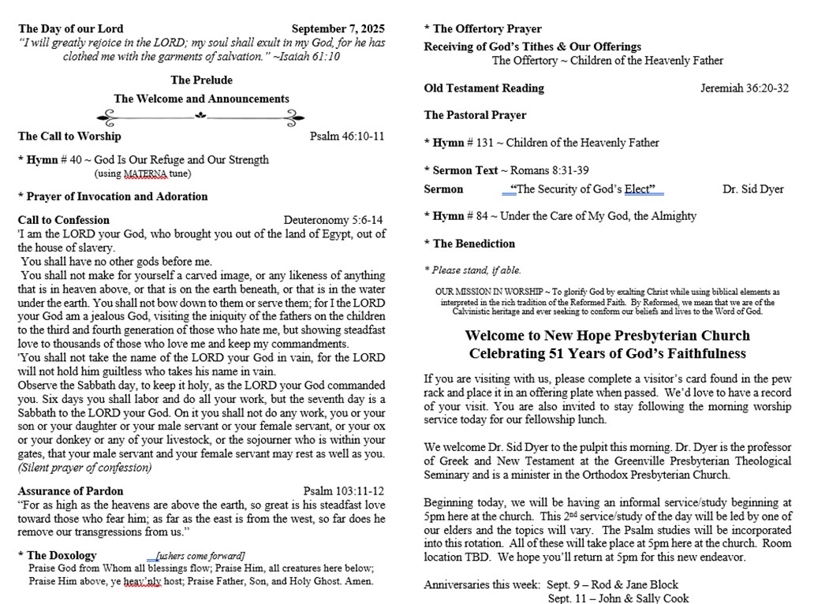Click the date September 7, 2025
[338, 29]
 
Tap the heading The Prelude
[201, 80]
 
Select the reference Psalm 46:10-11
[347, 136]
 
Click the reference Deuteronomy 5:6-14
[334, 220]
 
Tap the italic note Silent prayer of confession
[84, 468]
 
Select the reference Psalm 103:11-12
[344, 490]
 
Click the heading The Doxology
[62, 555]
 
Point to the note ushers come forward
[200, 556]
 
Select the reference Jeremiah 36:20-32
[744, 88]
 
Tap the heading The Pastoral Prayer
[475, 115]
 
